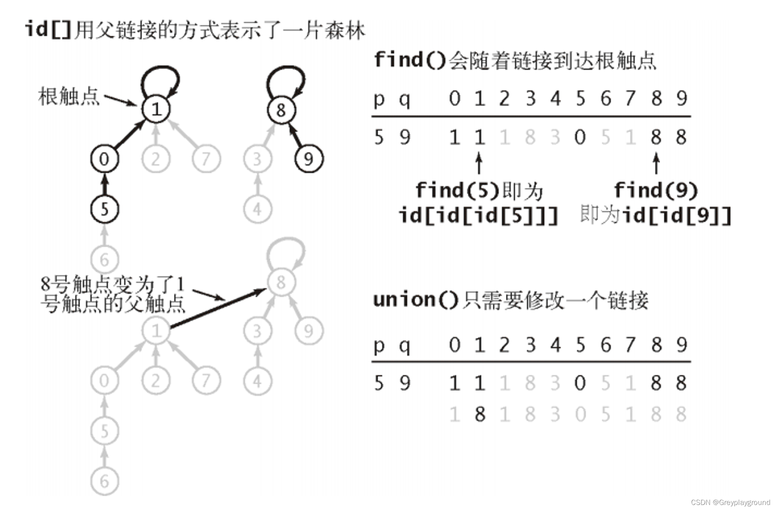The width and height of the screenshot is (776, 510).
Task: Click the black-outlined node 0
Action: click(104, 159)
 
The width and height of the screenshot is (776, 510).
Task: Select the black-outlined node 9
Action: click(309, 159)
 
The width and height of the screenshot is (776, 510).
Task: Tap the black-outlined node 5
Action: click(104, 209)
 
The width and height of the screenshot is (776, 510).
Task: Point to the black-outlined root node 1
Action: click(156, 109)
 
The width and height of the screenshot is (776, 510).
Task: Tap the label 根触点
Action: click(69, 96)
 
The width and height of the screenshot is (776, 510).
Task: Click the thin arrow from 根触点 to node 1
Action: click(120, 100)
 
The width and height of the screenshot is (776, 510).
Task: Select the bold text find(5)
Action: click(457, 190)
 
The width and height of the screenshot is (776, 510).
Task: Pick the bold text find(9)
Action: click(656, 190)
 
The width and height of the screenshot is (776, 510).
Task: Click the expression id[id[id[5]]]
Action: click(478, 215)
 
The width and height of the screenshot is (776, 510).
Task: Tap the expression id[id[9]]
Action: click(677, 215)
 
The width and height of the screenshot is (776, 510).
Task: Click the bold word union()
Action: click(416, 300)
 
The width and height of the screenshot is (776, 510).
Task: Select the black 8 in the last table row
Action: click(480, 414)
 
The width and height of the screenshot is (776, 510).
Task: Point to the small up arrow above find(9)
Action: click(656, 163)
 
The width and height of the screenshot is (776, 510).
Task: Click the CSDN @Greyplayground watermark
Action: click(731, 502)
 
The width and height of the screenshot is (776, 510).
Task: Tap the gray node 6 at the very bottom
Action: click(104, 482)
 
